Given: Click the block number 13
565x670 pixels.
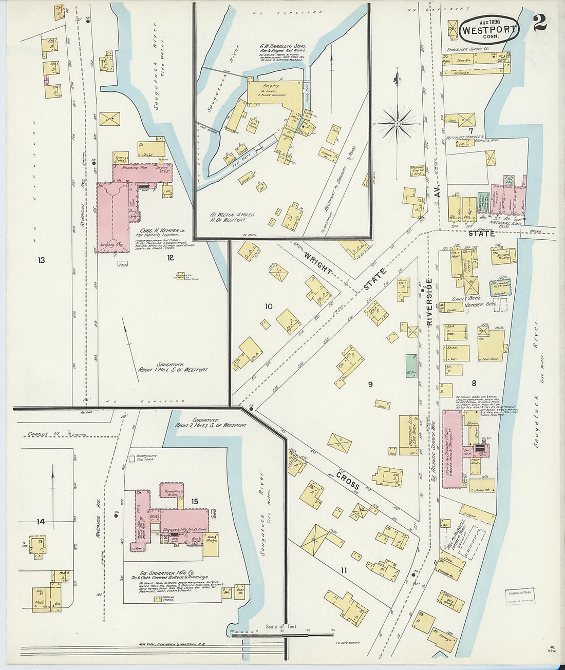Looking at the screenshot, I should [x=41, y=260].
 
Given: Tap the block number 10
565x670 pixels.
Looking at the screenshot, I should [x=268, y=307].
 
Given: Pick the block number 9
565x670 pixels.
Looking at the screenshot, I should [x=370, y=384].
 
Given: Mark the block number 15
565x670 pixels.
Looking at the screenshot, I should [x=195, y=501].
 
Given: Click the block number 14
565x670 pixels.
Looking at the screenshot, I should [x=41, y=522].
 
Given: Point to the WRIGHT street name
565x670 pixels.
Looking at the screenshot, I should [x=319, y=262].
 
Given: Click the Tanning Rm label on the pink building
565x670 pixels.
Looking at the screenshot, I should [x=111, y=245].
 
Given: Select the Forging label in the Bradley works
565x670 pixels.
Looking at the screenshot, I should [x=271, y=86].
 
